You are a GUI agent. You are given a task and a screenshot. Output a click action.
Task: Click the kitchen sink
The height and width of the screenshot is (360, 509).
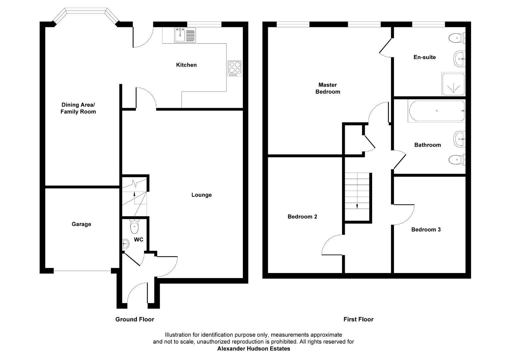point(185,35)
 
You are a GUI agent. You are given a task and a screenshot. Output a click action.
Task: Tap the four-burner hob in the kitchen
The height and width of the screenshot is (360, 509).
point(235,68)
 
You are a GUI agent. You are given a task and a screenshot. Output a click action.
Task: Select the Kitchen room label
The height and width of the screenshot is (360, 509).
point(186,65)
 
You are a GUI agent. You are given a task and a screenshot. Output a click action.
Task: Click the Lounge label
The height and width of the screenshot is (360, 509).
point(202,195)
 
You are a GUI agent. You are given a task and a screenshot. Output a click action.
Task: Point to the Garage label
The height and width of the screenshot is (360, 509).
point(81,224)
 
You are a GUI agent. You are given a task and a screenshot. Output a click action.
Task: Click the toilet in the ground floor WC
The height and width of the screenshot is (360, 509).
point(134,226)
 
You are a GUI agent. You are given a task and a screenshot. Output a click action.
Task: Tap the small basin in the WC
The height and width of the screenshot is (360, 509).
point(126,244)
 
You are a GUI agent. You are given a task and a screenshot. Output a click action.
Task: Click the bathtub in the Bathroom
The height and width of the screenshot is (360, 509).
point(437,111)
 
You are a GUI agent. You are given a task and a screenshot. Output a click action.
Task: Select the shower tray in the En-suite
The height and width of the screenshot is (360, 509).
point(453,84)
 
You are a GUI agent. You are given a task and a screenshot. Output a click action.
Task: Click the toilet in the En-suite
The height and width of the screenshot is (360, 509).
point(457,38)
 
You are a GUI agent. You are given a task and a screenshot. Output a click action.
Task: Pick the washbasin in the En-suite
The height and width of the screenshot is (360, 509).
point(459,59)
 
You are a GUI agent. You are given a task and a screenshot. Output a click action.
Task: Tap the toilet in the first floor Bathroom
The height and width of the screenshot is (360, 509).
point(457,160)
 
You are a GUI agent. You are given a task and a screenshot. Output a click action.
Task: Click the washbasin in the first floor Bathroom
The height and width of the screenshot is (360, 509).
point(459,139)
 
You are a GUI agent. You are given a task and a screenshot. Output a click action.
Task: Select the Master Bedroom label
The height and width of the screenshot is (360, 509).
point(328,88)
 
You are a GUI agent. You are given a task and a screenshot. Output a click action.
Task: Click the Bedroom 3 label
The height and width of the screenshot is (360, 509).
point(426,230)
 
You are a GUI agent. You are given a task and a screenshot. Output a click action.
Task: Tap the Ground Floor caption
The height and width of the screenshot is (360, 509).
point(135,319)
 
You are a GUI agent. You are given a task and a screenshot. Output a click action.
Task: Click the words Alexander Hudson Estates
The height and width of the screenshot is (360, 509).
point(254,349)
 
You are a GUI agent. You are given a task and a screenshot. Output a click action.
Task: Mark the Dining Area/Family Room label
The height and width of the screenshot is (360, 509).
point(78,108)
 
